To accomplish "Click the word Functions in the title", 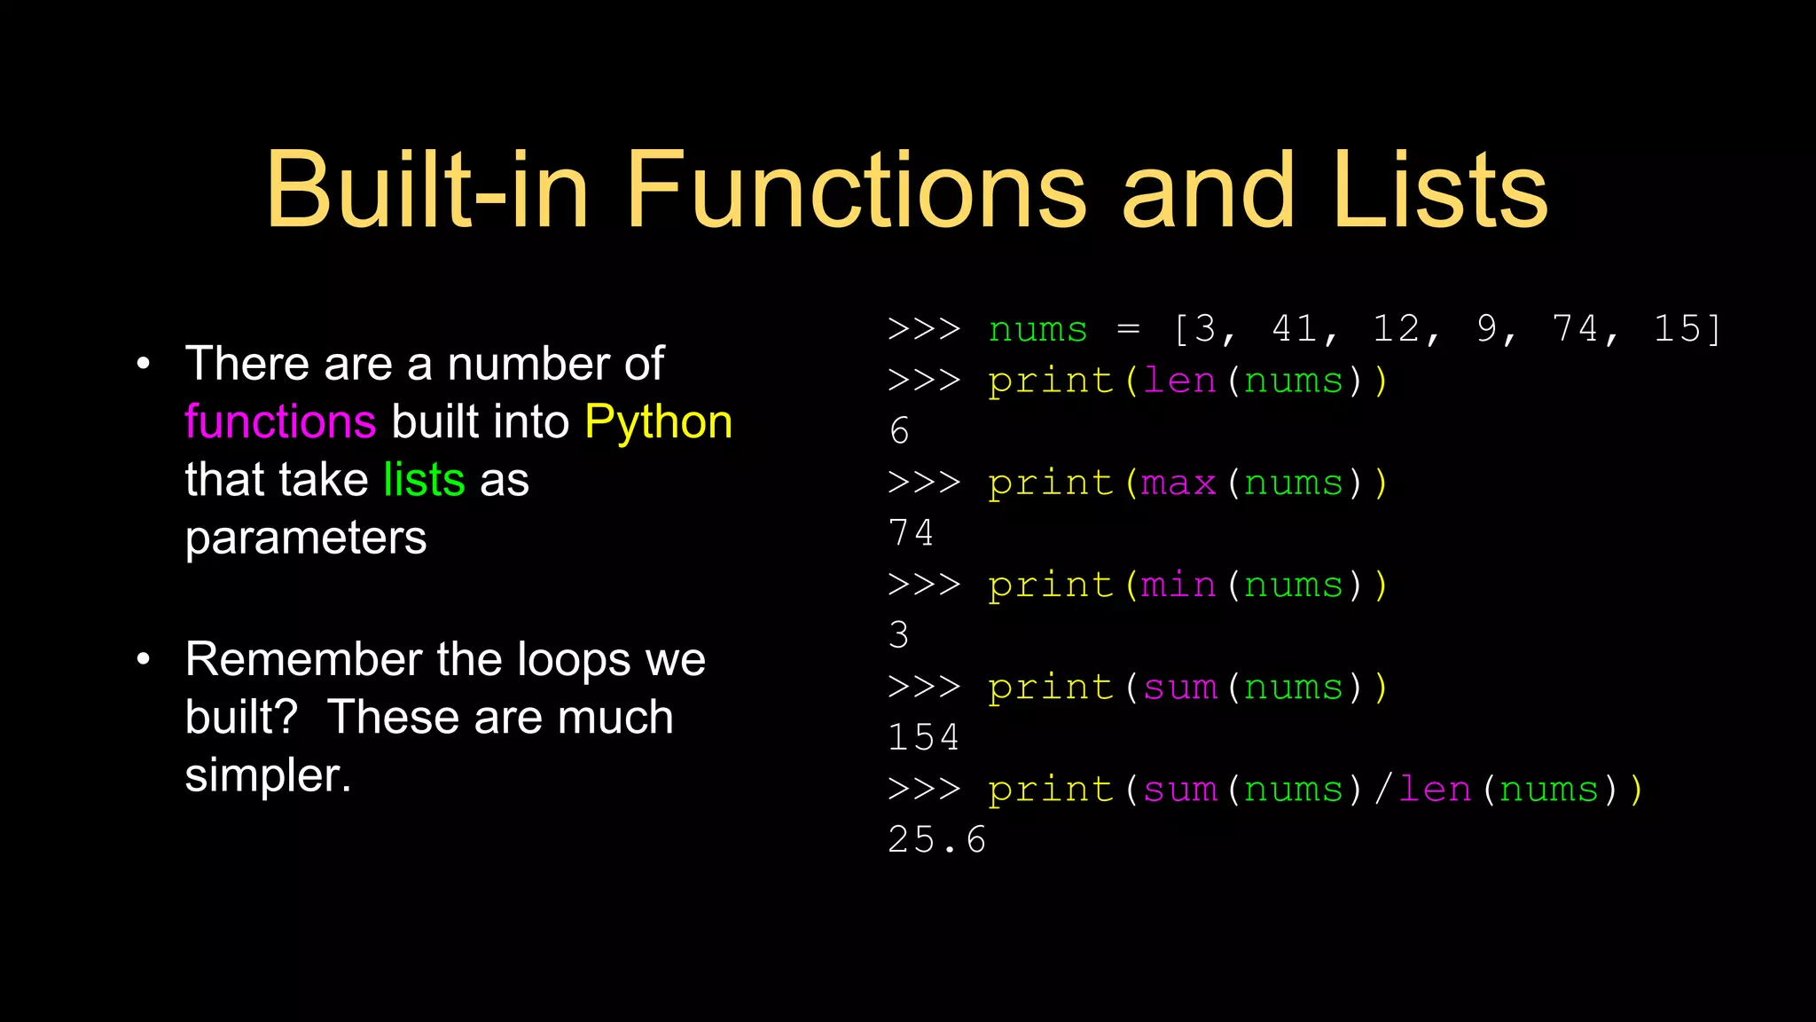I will pyautogui.click(x=856, y=190).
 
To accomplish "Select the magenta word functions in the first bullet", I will pyautogui.click(x=280, y=421).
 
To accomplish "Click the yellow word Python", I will pyautogui.click(x=658, y=422).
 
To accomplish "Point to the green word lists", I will pyautogui.click(x=424, y=480).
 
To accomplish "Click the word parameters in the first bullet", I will pyautogui.click(x=306, y=538).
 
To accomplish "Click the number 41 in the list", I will pyautogui.click(x=1295, y=329).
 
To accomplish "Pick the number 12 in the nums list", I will pyautogui.click(x=1397, y=329).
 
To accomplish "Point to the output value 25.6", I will pyautogui.click(x=937, y=840).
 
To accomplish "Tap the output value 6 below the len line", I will pyautogui.click(x=899, y=432).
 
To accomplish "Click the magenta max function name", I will pyautogui.click(x=1178, y=483).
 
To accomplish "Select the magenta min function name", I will pyautogui.click(x=1178, y=586).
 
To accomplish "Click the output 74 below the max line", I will pyautogui.click(x=912, y=534).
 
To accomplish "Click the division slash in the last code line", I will pyautogui.click(x=1382, y=790).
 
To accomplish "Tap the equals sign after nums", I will pyautogui.click(x=1128, y=329).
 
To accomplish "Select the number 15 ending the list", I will pyautogui.click(x=1678, y=329).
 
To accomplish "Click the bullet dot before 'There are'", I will pyautogui.click(x=144, y=364).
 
